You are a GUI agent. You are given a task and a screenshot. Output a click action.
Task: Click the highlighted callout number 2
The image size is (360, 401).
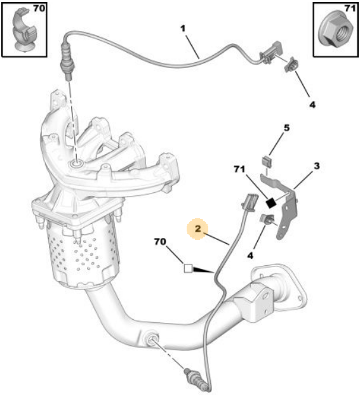[198, 229]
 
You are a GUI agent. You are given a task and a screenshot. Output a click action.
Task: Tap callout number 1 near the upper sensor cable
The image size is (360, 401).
[183, 29]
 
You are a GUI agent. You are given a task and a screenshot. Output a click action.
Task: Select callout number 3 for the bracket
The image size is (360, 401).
[317, 166]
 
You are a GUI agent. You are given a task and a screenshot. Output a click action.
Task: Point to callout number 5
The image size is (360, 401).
[286, 128]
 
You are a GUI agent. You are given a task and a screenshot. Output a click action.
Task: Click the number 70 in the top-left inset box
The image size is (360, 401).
[39, 8]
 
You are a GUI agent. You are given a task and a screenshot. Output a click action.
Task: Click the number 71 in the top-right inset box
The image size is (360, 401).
[350, 8]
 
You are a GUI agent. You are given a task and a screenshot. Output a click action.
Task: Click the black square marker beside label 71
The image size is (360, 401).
[270, 203]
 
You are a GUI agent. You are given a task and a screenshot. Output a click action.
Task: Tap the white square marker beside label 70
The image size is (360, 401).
[188, 268]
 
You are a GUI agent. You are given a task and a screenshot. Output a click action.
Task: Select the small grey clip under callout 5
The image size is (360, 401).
[267, 161]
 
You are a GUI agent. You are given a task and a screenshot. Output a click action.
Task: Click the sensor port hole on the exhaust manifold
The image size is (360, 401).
[77, 162]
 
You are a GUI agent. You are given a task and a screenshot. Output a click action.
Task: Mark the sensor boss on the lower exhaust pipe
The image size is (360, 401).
[150, 339]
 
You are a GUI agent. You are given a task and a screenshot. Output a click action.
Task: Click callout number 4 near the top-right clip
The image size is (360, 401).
[312, 105]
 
